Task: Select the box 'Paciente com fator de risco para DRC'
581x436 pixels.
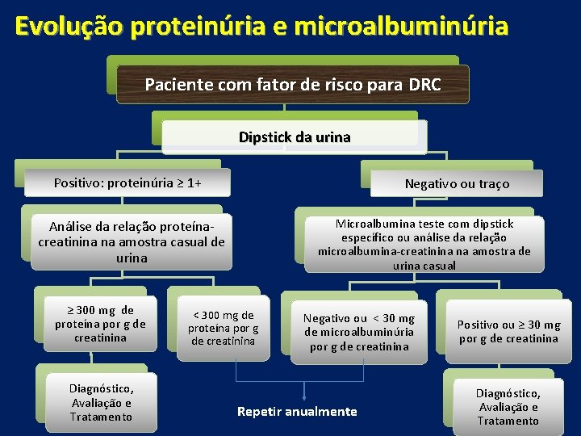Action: coord(292,84)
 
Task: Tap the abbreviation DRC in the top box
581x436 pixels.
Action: coord(424,84)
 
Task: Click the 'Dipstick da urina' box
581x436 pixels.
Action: coord(295,136)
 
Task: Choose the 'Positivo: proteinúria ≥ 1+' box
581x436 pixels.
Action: coord(127,182)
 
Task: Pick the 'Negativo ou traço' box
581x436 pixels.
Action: coord(457,184)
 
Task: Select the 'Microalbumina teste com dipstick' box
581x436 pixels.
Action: coord(424,244)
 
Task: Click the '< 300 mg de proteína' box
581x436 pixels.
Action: coord(223,327)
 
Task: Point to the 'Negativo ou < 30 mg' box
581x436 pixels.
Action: coord(358,333)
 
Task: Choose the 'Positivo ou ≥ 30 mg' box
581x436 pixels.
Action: coord(508,331)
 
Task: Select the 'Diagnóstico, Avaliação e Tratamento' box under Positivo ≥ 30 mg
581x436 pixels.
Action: coord(508,407)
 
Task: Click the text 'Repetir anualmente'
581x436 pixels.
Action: coord(297,412)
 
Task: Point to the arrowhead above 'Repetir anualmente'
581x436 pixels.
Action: coord(303,396)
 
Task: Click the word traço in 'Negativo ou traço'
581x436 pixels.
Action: coord(493,184)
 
